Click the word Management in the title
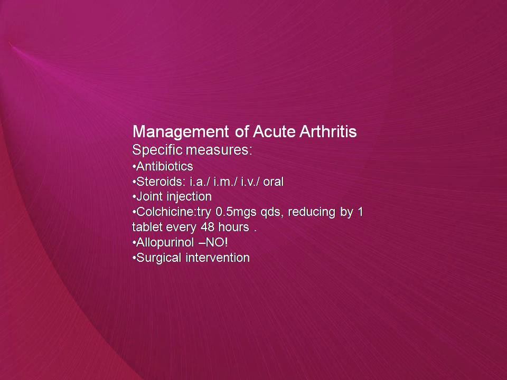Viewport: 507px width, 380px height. (181, 132)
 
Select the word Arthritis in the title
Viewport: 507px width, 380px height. (328, 131)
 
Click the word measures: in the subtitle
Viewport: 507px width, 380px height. (219, 150)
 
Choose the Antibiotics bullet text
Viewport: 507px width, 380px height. (165, 166)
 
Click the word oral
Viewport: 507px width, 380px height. (273, 182)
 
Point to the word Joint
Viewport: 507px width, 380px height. (149, 196)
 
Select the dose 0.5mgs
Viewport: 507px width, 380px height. (236, 213)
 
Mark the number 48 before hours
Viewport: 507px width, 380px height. (208, 227)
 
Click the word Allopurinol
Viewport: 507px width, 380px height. (165, 243)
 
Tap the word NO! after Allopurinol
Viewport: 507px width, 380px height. (217, 242)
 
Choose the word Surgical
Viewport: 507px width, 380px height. (159, 258)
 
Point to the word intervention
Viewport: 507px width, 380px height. (218, 258)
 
